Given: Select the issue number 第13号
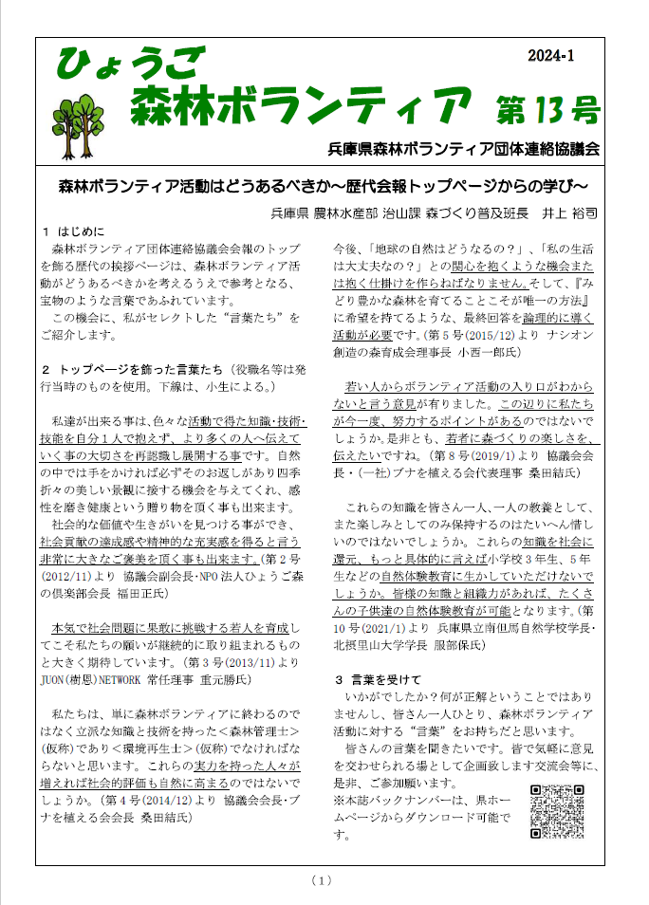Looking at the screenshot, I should pyautogui.click(x=547, y=109).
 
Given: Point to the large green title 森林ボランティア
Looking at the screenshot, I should pyautogui.click(x=301, y=103).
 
